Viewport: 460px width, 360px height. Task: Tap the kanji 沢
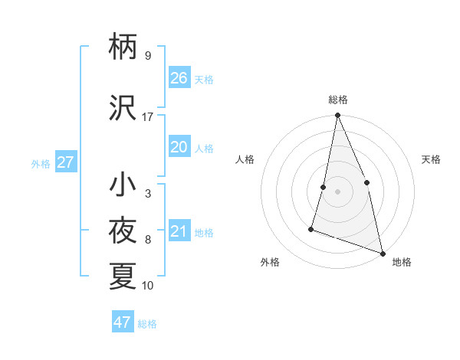(123, 109)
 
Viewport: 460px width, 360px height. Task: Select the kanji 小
(123, 185)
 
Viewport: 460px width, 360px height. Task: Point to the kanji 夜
(123, 231)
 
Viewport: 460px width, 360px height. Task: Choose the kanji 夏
(123, 276)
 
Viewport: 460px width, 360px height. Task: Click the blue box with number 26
(179, 78)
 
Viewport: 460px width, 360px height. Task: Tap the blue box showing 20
(179, 147)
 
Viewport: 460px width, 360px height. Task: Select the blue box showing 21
(179, 231)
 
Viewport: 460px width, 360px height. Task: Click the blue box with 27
(65, 162)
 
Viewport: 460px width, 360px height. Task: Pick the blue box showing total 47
(123, 322)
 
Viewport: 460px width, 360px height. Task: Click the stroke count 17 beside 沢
(147, 117)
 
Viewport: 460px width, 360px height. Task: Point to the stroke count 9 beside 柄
(147, 55)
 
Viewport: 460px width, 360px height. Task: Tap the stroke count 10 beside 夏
(147, 286)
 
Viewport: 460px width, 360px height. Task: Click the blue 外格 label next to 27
(41, 163)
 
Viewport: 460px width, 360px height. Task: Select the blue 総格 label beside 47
(147, 324)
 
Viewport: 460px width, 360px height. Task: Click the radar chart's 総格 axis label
(338, 100)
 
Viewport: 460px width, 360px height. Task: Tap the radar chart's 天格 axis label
(432, 159)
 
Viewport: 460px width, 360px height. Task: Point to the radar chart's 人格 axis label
(245, 159)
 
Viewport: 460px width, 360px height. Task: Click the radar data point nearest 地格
(382, 252)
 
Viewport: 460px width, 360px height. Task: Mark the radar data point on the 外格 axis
(311, 228)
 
